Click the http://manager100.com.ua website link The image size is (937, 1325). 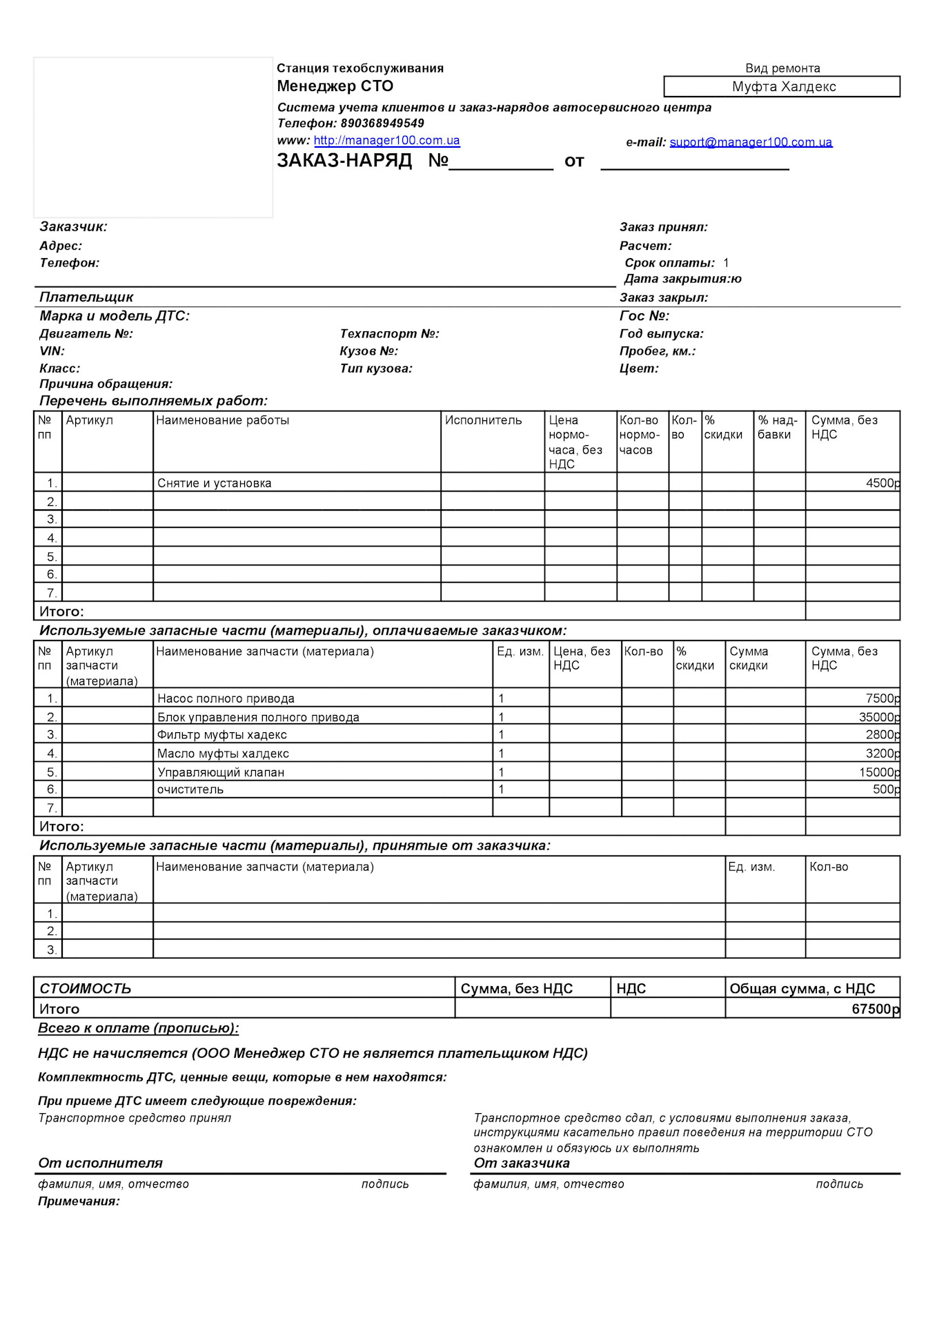pos(386,141)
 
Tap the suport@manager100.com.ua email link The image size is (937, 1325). pos(751,143)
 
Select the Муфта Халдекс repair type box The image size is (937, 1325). pos(782,87)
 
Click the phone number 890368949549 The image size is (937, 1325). pos(382,124)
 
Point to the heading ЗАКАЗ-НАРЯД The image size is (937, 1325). pos(344,161)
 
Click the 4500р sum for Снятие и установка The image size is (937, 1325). pos(882,484)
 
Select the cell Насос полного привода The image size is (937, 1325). pos(226,698)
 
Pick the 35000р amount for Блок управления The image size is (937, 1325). pos(879,717)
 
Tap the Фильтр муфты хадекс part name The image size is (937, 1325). pos(221,735)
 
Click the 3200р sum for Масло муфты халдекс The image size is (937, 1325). pos(882,754)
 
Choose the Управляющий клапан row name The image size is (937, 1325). pos(221,772)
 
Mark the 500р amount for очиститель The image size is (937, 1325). pos(886,789)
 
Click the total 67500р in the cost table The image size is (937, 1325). pos(875,1009)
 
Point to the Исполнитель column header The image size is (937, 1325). pos(483,420)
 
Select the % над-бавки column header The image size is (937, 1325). pos(777,427)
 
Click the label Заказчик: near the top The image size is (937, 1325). pos(73,227)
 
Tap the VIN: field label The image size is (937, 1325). pos(52,351)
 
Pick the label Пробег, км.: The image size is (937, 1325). pos(657,351)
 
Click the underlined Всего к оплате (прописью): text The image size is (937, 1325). pos(138,1028)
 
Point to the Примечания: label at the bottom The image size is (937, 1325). pos(79,1201)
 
